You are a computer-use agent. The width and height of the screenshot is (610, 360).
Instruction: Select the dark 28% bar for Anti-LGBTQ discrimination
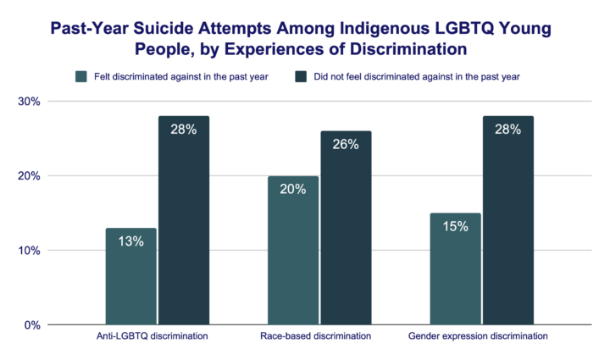(x=183, y=220)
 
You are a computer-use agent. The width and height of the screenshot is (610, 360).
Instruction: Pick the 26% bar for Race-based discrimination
(x=346, y=228)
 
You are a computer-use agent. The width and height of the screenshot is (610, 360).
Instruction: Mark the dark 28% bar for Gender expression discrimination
(x=507, y=220)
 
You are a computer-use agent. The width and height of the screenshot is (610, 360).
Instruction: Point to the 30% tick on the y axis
(x=30, y=102)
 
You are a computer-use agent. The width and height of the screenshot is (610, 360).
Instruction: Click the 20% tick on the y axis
(x=30, y=176)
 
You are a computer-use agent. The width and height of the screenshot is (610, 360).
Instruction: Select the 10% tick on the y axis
(x=30, y=251)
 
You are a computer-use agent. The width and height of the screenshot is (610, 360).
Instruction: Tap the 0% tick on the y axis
(x=33, y=325)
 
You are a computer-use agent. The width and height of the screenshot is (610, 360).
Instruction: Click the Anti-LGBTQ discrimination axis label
(x=153, y=336)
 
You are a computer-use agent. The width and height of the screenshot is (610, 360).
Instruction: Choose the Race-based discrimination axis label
(x=315, y=336)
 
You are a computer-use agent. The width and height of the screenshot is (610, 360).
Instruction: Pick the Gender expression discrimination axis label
(x=479, y=336)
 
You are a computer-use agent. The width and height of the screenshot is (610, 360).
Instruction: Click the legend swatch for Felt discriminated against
(x=82, y=76)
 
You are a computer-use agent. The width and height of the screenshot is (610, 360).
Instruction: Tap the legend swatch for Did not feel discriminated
(x=301, y=76)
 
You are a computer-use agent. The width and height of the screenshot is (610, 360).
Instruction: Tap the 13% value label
(x=130, y=241)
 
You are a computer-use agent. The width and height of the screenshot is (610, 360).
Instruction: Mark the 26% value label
(x=346, y=144)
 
